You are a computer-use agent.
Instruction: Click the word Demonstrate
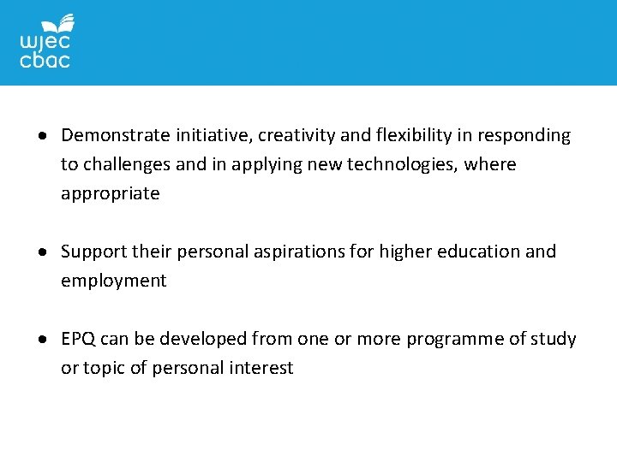116,135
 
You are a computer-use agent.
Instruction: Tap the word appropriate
110,193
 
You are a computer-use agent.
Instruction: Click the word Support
94,252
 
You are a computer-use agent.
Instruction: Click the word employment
113,281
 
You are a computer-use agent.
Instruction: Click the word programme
455,339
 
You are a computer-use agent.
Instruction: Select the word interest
261,368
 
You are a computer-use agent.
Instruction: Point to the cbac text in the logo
45,60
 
